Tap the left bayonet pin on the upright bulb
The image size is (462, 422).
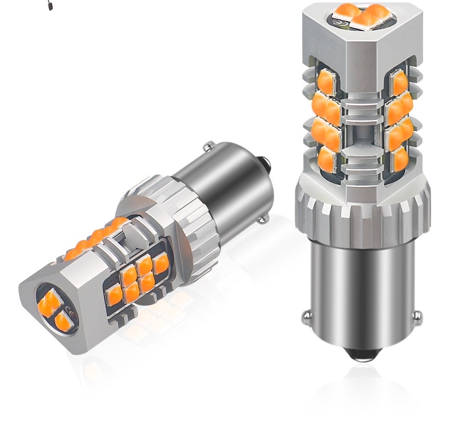point(306,317)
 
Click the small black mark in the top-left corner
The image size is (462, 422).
point(50,6)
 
